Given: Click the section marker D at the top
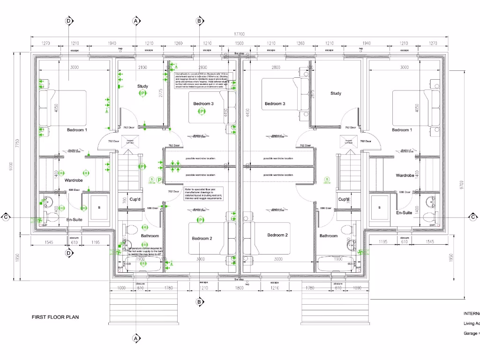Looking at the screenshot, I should pos(69,21).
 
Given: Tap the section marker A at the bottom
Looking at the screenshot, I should pos(136,338).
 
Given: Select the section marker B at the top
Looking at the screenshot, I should pos(199,21).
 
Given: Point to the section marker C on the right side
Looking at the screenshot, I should pos(473,217).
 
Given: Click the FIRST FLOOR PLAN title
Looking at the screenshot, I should pos(55,317).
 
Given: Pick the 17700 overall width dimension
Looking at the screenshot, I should pos(240,34).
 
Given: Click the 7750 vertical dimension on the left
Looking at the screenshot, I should pos(17,142).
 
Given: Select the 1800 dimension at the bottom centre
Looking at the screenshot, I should pos(240,287).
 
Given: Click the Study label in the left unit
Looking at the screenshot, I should pos(142,86).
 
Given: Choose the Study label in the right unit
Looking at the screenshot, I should pos(336,93).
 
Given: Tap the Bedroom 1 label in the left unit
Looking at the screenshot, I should pos(77,129).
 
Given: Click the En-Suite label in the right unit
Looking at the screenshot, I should pos(404,213).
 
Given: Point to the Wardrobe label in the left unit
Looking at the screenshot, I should pos(74,179).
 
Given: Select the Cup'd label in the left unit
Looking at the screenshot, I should pos(135,199).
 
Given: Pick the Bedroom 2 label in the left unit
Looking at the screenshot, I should pos(202,238).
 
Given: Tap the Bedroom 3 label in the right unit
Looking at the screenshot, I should pos(275,104).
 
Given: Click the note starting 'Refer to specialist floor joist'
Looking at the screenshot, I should pos(203,194).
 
